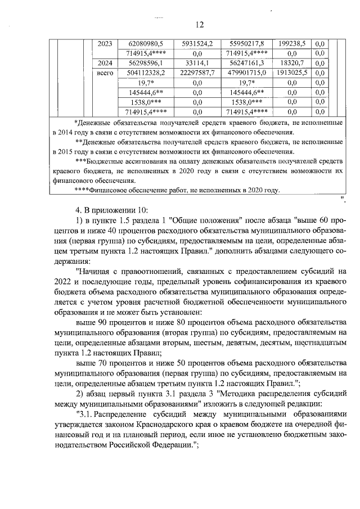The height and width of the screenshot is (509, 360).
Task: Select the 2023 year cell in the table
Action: [105, 43]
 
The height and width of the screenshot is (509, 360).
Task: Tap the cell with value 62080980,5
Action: [146, 43]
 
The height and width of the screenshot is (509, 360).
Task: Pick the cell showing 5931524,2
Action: [197, 43]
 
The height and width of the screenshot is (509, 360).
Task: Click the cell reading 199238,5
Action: [292, 43]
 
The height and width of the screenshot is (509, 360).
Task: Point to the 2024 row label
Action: [105, 63]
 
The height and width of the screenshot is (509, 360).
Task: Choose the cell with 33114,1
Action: [197, 63]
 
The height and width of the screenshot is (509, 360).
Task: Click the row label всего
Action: [105, 73]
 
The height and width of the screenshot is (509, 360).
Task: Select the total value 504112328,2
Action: [146, 73]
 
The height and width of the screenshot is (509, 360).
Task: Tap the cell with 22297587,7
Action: [197, 73]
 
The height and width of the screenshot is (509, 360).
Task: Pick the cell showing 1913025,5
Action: [292, 73]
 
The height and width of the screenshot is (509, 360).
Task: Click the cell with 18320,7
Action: [292, 63]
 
